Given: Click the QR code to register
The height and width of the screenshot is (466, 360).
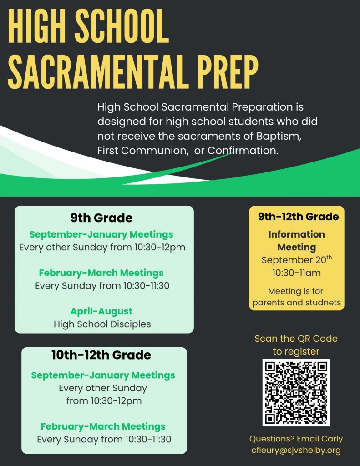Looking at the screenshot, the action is click(x=296, y=392).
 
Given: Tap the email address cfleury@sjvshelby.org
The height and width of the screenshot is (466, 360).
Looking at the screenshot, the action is click(x=296, y=450).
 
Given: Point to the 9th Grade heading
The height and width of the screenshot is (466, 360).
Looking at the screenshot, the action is click(x=101, y=218).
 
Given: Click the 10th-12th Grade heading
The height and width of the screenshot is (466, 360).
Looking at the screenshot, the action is click(x=101, y=355).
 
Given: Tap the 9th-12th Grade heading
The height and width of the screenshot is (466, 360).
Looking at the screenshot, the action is click(x=298, y=217).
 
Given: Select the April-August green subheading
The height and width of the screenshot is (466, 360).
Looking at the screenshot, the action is click(x=101, y=311).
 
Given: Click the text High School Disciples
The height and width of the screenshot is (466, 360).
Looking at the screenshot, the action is click(x=102, y=324).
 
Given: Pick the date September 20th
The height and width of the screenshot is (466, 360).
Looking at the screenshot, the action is click(x=296, y=259).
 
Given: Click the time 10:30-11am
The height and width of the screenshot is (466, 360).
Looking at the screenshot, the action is click(x=297, y=273).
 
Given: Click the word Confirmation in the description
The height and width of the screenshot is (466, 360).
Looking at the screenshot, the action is click(x=243, y=151).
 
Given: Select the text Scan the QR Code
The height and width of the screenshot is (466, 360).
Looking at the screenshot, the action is click(x=296, y=339).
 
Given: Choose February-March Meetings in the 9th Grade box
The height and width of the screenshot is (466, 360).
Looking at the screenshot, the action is click(x=101, y=273).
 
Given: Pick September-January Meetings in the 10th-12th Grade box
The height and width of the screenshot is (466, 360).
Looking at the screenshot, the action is click(x=103, y=375).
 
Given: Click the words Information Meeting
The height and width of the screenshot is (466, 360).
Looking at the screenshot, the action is click(x=297, y=241).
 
